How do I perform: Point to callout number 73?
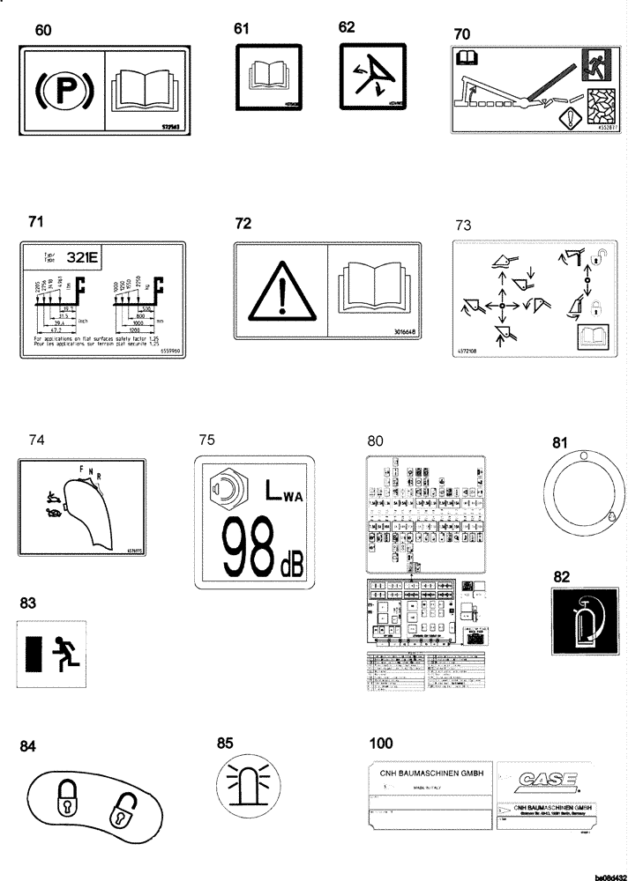point(464,226)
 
